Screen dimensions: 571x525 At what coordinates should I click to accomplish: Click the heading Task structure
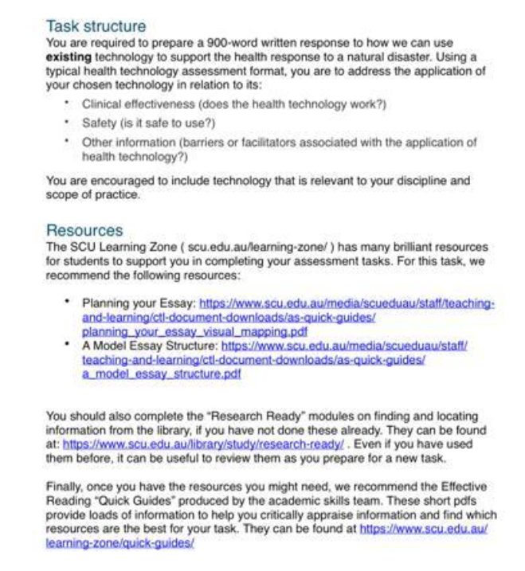[96, 27]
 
